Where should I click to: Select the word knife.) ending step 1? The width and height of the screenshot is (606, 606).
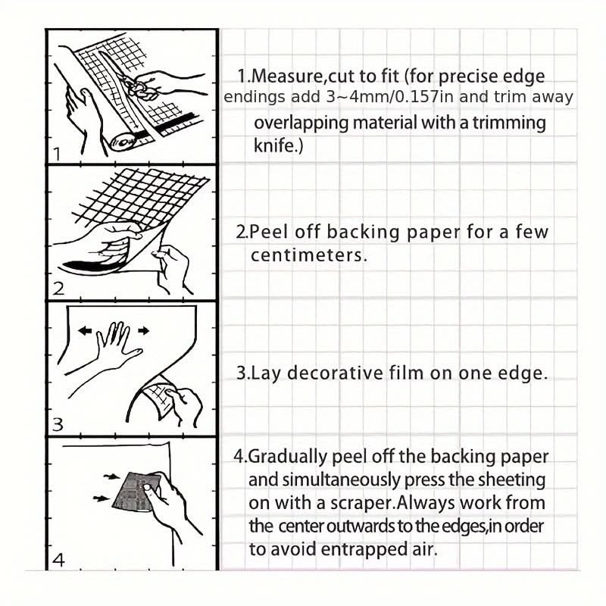pyautogui.click(x=278, y=145)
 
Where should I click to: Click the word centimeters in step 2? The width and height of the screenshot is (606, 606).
pyautogui.click(x=309, y=255)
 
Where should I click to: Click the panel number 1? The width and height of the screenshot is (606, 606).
pyautogui.click(x=56, y=154)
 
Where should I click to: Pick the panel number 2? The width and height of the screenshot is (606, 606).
pyautogui.click(x=58, y=288)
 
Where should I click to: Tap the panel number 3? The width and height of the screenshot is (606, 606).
pyautogui.click(x=58, y=425)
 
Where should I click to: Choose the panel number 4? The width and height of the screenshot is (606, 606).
pyautogui.click(x=58, y=561)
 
